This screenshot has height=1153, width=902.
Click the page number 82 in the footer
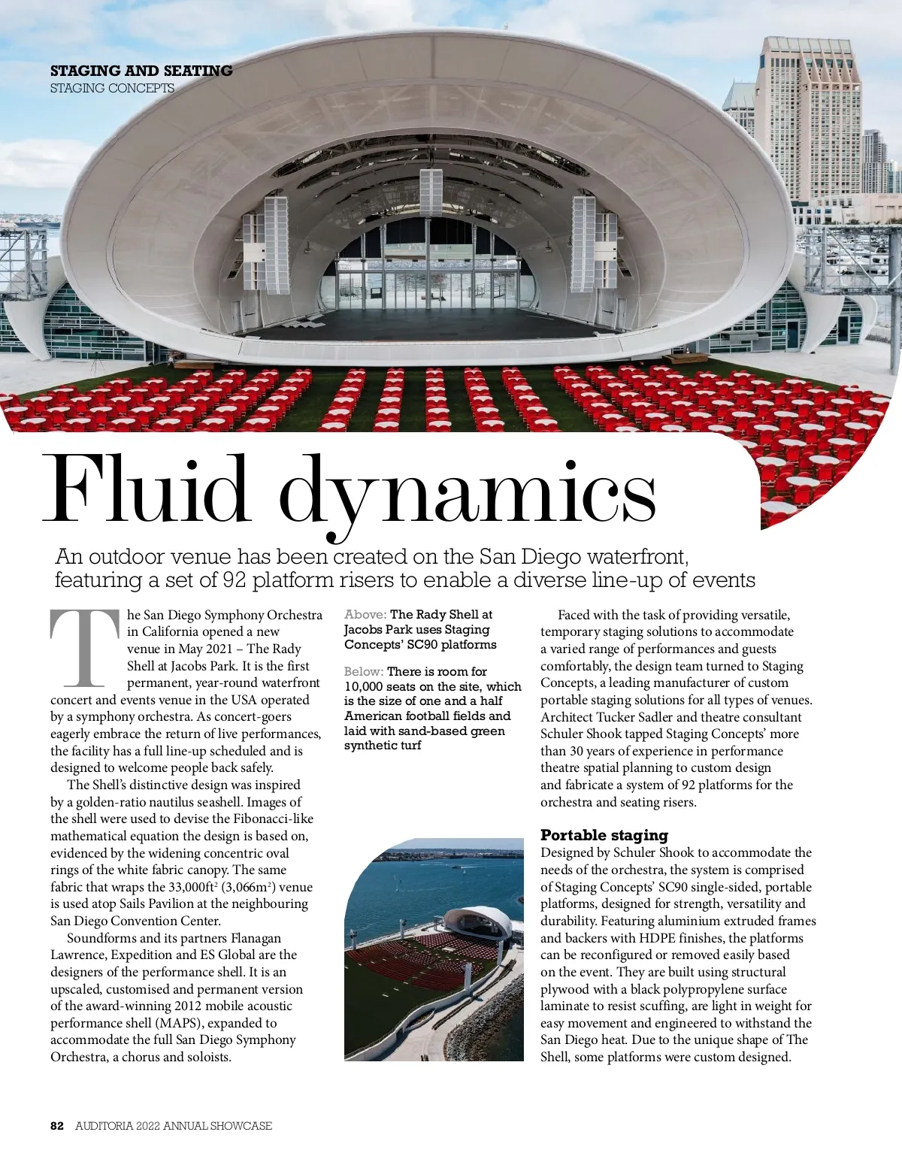(x=57, y=1126)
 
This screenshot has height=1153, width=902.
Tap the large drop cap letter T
(x=85, y=648)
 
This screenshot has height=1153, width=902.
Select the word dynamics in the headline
(x=468, y=492)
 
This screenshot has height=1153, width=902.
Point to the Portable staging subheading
(x=604, y=835)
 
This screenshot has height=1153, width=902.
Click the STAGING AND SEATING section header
(x=141, y=71)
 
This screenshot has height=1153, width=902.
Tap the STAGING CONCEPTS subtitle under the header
(x=112, y=88)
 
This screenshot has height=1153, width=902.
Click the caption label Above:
(x=365, y=615)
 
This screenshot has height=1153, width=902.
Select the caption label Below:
(x=364, y=671)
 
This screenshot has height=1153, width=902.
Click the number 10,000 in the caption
(x=364, y=686)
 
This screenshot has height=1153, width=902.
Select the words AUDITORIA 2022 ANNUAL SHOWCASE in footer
(x=174, y=1126)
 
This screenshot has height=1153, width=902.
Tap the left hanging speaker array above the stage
(x=276, y=233)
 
